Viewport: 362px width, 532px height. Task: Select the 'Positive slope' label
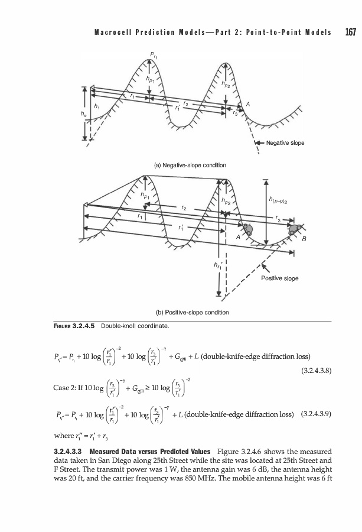click(280, 278)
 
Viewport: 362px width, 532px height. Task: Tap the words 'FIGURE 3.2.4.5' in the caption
click(74, 326)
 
